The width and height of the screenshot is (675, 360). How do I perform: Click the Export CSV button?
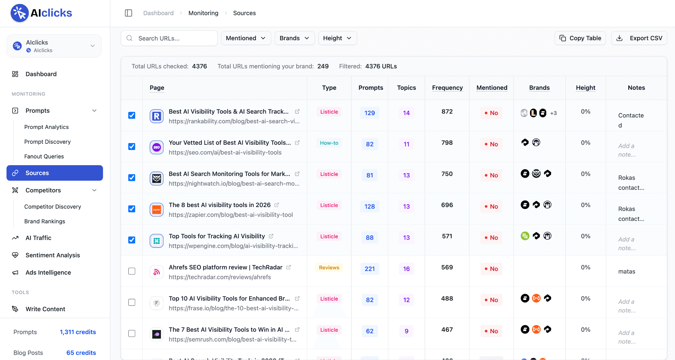[x=639, y=38]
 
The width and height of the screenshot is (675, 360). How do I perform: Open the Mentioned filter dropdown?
[x=246, y=38]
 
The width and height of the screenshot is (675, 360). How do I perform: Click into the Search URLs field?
[x=169, y=38]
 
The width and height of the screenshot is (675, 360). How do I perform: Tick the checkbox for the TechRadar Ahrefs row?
[x=132, y=271]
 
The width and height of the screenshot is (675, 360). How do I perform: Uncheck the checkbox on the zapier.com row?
[x=132, y=209]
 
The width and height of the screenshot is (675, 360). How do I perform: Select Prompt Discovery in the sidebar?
[x=47, y=142]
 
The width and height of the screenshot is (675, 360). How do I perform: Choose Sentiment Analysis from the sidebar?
[x=53, y=255]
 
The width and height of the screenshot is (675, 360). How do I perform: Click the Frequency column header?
[x=447, y=88]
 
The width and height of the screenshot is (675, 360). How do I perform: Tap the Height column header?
[x=586, y=88]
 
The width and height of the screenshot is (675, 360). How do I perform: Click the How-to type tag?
[x=329, y=143]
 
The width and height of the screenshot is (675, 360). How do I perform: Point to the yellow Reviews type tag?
[x=329, y=268]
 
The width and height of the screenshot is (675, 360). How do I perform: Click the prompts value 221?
[x=369, y=269]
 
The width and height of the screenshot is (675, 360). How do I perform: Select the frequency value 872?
[x=447, y=111]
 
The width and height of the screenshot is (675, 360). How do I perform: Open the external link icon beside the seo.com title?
[x=297, y=143]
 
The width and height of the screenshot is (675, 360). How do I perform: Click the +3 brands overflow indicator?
[x=553, y=113]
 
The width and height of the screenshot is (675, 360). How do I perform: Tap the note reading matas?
[x=627, y=272]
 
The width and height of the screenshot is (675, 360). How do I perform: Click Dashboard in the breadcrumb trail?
[x=159, y=13]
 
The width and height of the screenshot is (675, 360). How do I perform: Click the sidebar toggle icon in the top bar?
[x=129, y=13]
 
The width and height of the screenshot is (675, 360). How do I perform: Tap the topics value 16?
[x=406, y=269]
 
